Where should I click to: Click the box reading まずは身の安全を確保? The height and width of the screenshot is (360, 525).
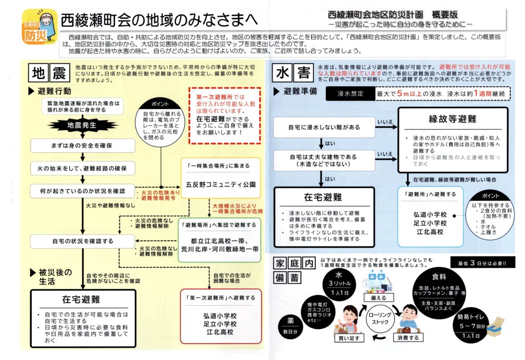(x=82, y=146)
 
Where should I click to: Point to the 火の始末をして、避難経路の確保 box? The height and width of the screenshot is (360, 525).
(x=82, y=168)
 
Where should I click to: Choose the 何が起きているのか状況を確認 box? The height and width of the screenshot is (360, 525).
(x=82, y=191)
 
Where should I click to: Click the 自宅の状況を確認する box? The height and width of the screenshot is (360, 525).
(x=82, y=240)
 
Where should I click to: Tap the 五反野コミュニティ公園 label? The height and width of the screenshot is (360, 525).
(x=221, y=184)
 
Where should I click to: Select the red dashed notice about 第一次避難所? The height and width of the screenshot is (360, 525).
(x=224, y=116)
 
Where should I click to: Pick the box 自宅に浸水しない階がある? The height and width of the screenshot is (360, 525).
(x=324, y=127)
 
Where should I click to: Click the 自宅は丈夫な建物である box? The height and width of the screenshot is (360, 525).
(x=324, y=159)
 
